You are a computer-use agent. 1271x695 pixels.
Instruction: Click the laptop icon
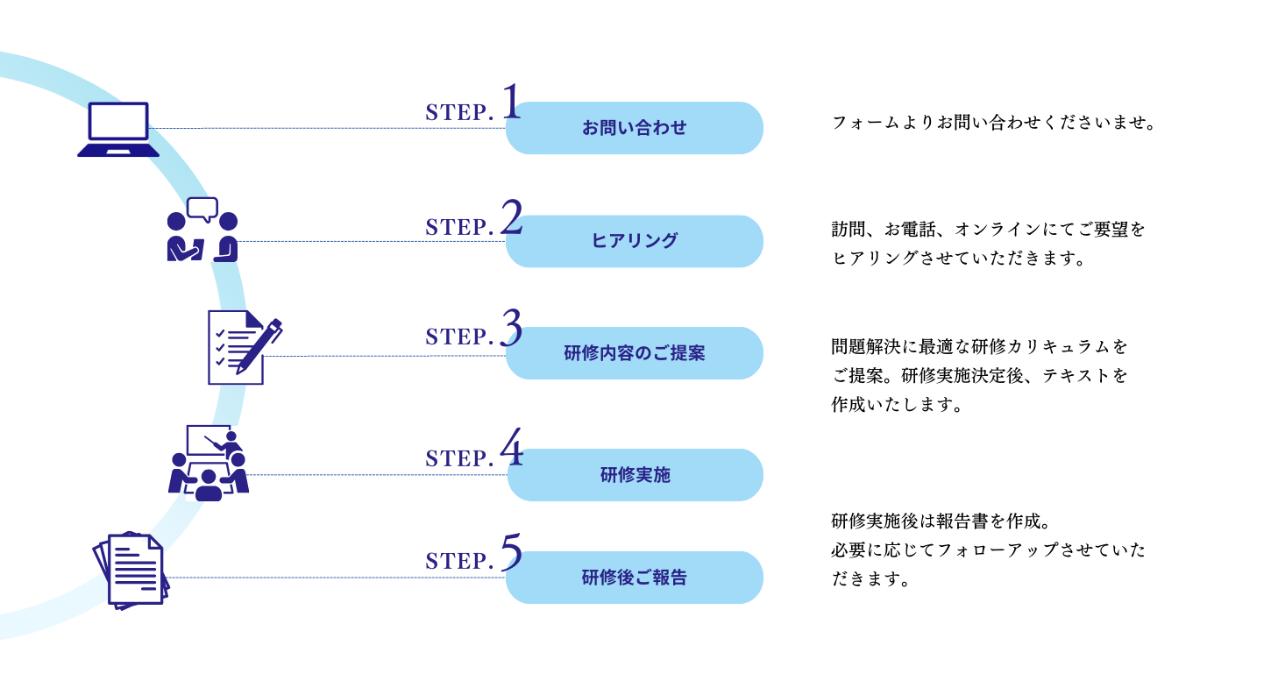[118, 129]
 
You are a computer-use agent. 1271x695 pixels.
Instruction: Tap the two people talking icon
[202, 230]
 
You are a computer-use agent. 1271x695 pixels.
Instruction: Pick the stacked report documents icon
[131, 571]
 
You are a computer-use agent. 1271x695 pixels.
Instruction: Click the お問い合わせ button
[634, 128]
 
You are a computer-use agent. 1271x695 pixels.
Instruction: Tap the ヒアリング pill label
[634, 241]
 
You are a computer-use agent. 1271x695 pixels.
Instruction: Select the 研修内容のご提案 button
[634, 353]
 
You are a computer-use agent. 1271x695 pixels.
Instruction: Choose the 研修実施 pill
[635, 475]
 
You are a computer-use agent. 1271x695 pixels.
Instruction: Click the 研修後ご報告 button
[634, 578]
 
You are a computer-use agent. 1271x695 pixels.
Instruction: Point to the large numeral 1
[511, 103]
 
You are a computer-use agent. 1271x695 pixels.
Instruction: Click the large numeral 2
[511, 217]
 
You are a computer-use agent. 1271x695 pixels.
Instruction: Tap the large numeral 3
[511, 329]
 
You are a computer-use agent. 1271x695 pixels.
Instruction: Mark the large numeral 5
[511, 553]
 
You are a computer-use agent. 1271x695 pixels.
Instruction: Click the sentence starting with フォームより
[994, 123]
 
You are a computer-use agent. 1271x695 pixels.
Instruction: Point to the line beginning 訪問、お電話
[988, 230]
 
